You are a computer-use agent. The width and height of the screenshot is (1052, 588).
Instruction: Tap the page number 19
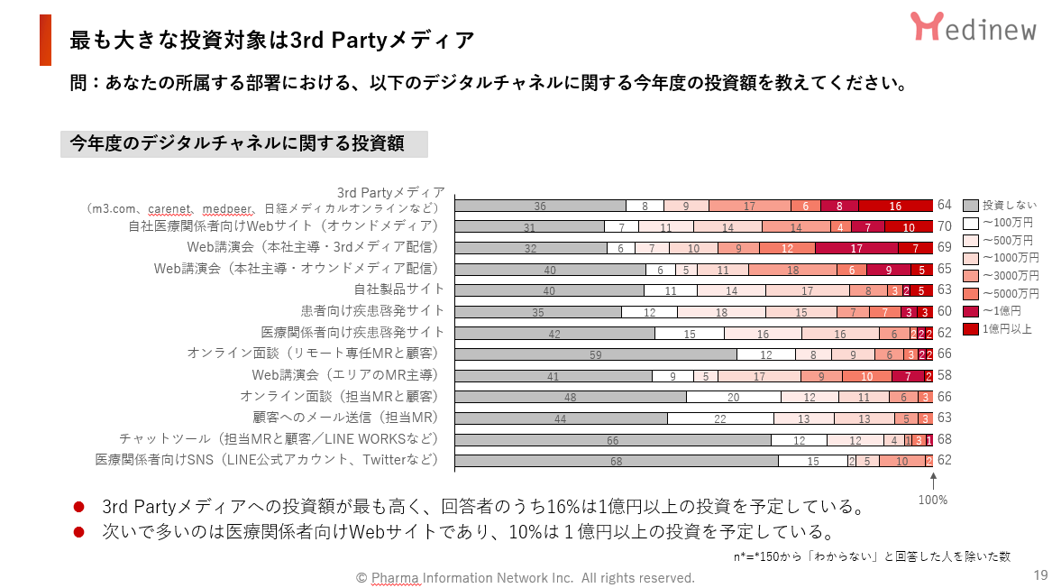(1040, 575)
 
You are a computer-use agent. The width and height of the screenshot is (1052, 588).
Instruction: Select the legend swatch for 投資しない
(970, 206)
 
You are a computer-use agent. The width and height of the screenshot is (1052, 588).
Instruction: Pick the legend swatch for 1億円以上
(970, 329)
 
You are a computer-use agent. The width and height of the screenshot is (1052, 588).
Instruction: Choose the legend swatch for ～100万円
(970, 223)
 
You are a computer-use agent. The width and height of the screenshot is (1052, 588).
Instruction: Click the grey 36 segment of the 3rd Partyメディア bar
(540, 206)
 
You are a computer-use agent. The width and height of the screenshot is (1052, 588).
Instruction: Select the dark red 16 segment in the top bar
(894, 206)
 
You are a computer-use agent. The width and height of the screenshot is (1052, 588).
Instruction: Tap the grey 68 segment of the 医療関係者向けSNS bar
(616, 461)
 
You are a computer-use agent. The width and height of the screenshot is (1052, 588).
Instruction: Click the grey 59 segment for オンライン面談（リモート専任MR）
(595, 354)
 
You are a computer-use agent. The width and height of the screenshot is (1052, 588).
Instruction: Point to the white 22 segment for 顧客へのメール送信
(720, 418)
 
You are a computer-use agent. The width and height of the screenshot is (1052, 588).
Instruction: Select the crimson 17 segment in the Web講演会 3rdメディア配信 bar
(856, 248)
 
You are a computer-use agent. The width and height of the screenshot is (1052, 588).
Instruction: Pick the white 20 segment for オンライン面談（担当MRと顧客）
(733, 397)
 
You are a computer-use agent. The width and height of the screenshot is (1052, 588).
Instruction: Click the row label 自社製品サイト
(399, 289)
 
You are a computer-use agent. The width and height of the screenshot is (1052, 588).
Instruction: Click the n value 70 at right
(945, 226)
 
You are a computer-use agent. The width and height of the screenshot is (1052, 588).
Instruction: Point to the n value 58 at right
(945, 375)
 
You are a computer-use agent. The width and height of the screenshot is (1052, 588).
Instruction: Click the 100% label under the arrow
(932, 500)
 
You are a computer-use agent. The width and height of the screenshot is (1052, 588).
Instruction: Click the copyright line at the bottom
(525, 577)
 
